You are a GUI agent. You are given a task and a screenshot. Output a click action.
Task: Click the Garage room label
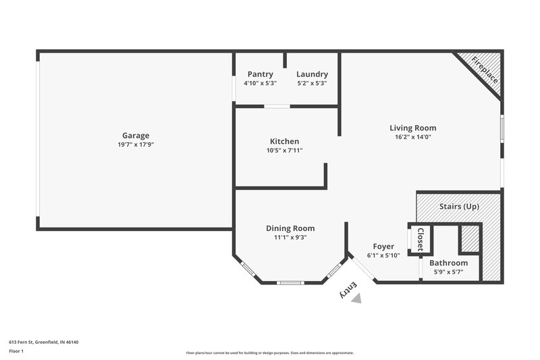(136, 135)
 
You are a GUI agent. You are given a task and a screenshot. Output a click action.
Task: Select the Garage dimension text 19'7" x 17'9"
(136, 145)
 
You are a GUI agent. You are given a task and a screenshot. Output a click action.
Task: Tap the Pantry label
(260, 74)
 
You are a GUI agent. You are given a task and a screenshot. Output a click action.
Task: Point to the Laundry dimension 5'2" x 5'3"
(312, 84)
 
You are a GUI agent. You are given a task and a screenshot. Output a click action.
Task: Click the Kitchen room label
(284, 141)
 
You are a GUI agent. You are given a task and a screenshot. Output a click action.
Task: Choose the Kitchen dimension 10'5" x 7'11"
(284, 151)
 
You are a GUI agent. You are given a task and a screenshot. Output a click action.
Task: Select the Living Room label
(412, 128)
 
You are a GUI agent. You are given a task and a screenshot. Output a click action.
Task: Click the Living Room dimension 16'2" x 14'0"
(412, 137)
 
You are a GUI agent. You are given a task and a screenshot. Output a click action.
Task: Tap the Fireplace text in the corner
(485, 70)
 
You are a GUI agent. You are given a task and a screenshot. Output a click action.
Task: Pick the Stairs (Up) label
(459, 206)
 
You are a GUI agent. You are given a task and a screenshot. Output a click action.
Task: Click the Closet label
(420, 238)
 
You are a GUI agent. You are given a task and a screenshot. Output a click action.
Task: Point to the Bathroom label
(449, 263)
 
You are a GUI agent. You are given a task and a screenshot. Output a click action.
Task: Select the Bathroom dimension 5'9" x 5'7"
(449, 272)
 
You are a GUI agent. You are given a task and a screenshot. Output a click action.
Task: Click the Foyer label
(383, 247)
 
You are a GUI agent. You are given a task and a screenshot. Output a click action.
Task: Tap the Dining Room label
(290, 228)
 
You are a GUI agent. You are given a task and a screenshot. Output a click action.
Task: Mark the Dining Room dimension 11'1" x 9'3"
(290, 238)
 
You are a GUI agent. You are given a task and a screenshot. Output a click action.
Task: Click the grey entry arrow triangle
(356, 298)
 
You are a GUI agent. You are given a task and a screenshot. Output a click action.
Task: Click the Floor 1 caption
(16, 352)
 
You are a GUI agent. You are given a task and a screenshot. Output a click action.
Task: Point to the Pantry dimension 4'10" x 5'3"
(260, 84)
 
